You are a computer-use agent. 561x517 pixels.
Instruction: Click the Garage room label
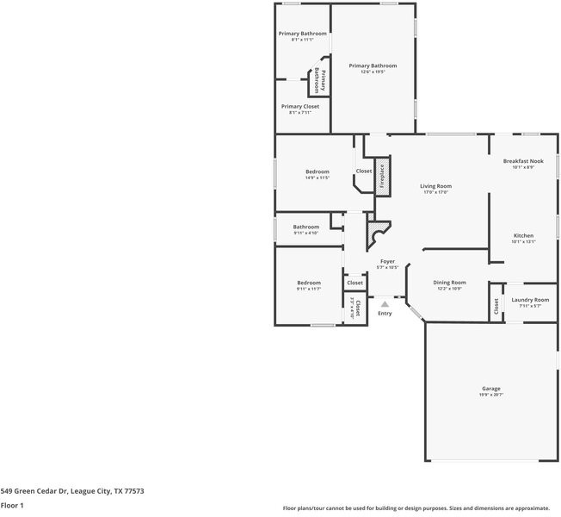(490, 389)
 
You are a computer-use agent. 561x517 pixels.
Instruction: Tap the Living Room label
(435, 186)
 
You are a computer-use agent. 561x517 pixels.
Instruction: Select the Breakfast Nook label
(523, 161)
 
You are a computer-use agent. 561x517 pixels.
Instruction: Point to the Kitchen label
(523, 235)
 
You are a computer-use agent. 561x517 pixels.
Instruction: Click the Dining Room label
(449, 283)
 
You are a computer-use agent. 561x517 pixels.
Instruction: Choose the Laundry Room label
(529, 300)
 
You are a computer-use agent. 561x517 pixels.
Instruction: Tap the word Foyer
(387, 261)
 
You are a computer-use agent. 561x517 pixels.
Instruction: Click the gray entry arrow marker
(385, 303)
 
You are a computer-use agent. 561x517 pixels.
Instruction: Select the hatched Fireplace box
(383, 176)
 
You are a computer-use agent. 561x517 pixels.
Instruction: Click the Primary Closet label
(299, 107)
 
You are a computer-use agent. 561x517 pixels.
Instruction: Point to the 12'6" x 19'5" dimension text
(373, 72)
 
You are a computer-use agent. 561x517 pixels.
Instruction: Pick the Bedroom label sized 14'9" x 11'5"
(317, 172)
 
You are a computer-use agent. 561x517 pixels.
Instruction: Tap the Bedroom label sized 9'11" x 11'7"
(309, 283)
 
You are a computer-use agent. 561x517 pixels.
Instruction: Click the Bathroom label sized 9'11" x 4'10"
(305, 227)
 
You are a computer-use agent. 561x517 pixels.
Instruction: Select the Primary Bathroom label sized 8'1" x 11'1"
(302, 34)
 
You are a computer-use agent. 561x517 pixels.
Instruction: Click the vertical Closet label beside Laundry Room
(496, 306)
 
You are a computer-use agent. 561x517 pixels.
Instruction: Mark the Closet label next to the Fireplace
(364, 171)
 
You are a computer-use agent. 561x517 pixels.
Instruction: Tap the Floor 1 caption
(12, 506)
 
